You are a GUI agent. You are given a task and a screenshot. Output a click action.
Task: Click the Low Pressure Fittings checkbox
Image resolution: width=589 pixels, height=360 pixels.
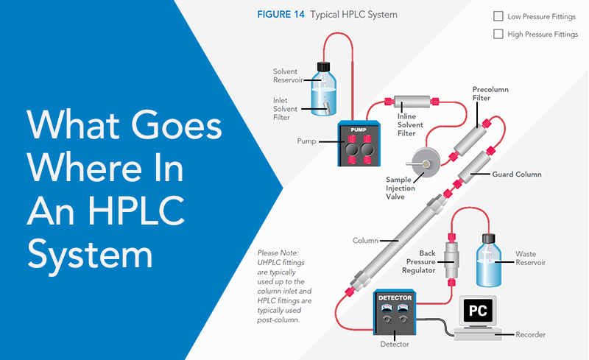pyautogui.click(x=498, y=16)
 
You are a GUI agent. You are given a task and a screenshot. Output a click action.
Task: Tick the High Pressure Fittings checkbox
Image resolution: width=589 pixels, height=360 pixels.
pyautogui.click(x=498, y=34)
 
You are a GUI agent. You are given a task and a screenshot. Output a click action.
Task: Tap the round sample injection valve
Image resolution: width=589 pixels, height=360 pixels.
pyautogui.click(x=425, y=161)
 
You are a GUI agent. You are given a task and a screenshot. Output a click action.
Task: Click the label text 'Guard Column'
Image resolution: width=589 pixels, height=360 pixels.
pyautogui.click(x=516, y=174)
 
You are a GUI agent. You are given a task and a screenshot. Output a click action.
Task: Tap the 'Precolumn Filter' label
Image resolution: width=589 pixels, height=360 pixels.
pyautogui.click(x=490, y=94)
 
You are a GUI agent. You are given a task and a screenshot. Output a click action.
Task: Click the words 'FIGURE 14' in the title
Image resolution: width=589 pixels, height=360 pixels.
pyautogui.click(x=281, y=14)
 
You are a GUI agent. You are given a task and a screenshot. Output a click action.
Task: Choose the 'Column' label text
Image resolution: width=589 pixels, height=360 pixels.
pyautogui.click(x=365, y=241)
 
